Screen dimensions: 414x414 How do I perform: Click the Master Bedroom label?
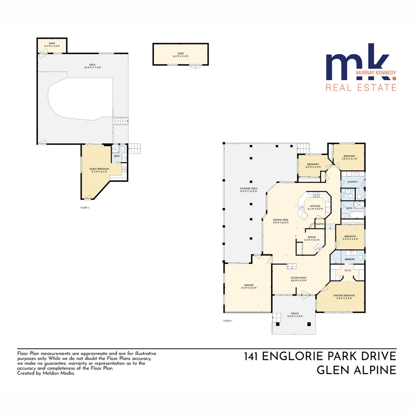click(344, 295)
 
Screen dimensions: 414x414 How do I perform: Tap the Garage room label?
click(249, 285)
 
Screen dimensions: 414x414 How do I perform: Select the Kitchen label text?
click(315, 206)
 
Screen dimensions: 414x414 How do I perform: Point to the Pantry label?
click(320, 224)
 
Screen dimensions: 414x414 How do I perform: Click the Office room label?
click(312, 237)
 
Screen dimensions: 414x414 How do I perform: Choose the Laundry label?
click(352, 182)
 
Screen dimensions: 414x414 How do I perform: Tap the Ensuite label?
click(350, 259)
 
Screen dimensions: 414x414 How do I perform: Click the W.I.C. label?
click(348, 270)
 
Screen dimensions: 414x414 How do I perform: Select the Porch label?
click(295, 313)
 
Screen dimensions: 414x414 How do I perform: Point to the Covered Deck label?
click(249, 188)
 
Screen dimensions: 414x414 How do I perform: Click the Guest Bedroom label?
click(99, 169)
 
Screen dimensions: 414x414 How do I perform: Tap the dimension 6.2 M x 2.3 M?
click(181, 56)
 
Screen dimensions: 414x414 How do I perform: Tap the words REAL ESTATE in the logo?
click(361, 87)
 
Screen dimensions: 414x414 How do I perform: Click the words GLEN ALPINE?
click(356, 370)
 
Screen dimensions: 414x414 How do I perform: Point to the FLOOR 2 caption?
click(228, 320)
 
